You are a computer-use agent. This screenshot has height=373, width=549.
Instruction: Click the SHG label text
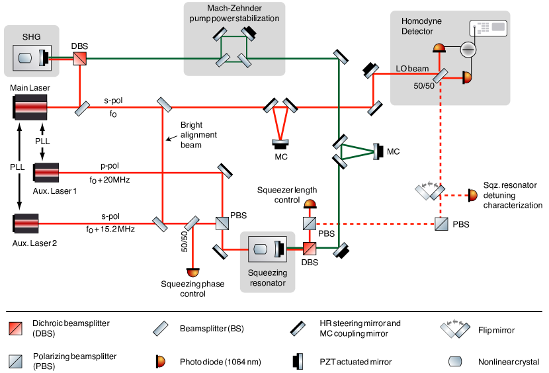tap(31, 37)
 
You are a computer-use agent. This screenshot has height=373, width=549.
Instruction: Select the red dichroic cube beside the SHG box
tap(80, 58)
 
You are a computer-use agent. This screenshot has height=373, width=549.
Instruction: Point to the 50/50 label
tap(424, 86)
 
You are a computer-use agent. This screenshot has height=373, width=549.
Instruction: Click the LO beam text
tap(412, 69)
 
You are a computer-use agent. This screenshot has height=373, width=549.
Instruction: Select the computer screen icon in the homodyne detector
tap(487, 28)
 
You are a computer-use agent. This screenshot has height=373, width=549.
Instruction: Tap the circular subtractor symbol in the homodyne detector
tap(468, 49)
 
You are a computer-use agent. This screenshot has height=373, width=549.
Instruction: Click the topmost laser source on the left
tap(31, 106)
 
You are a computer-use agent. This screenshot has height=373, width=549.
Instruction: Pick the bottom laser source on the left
tap(26, 223)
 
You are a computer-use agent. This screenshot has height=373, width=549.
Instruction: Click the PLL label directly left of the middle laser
tap(17, 167)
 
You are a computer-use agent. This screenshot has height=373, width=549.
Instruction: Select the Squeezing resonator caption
tap(267, 278)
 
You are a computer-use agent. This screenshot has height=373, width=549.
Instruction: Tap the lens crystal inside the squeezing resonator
tap(261, 249)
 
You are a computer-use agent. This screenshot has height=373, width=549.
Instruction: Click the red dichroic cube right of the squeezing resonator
tap(310, 249)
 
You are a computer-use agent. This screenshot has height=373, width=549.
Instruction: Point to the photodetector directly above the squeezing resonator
tap(310, 204)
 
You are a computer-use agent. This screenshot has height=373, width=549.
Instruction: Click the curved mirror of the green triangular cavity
tap(375, 151)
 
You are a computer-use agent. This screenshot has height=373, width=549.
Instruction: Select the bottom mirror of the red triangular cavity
tap(280, 141)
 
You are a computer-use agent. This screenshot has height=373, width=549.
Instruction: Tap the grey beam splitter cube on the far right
tap(441, 224)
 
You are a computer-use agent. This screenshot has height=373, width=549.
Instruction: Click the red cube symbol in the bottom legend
tap(15, 329)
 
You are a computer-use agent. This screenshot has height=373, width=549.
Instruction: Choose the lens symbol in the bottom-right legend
tap(455, 361)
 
